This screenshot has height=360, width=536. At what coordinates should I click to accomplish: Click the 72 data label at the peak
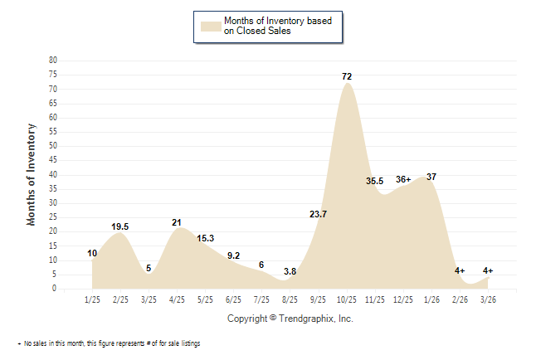coord(347,76)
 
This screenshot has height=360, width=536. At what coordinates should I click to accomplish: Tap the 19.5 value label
coord(119,226)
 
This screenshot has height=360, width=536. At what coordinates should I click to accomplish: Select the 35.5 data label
coord(374,181)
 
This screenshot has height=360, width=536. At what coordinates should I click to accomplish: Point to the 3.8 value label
coord(290,271)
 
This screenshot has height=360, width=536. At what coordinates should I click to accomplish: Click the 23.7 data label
coord(318,214)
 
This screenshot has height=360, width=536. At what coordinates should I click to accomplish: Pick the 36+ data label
coord(403,179)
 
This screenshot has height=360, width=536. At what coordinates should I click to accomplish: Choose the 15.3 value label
coord(206,238)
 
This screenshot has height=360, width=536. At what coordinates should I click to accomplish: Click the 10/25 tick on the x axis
coord(347,299)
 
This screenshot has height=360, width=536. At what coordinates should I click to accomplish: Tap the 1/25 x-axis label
coord(92,299)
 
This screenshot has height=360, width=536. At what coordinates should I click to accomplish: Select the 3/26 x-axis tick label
coord(488,299)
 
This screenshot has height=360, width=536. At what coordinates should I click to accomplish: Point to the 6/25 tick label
coord(233,299)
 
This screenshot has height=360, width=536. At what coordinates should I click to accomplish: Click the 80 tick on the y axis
coord(52,61)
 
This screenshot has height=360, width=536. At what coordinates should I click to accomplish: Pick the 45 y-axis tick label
coord(52,160)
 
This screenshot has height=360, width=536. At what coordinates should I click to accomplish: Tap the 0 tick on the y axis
coord(55,289)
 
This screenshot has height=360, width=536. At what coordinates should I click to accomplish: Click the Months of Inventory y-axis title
coord(32,174)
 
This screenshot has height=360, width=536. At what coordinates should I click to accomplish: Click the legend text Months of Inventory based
coord(276,20)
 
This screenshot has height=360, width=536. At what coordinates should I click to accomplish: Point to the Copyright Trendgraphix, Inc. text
coord(290,319)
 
